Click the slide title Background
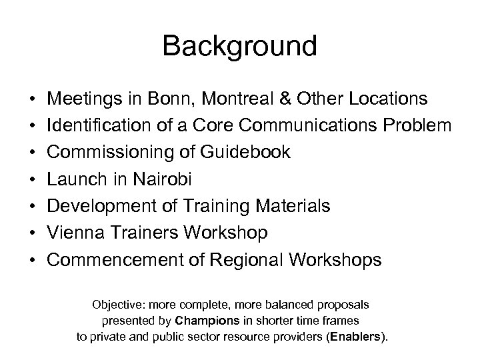pos(239,47)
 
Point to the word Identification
pos(98,126)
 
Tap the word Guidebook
pos(245,153)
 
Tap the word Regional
pos(244,259)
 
